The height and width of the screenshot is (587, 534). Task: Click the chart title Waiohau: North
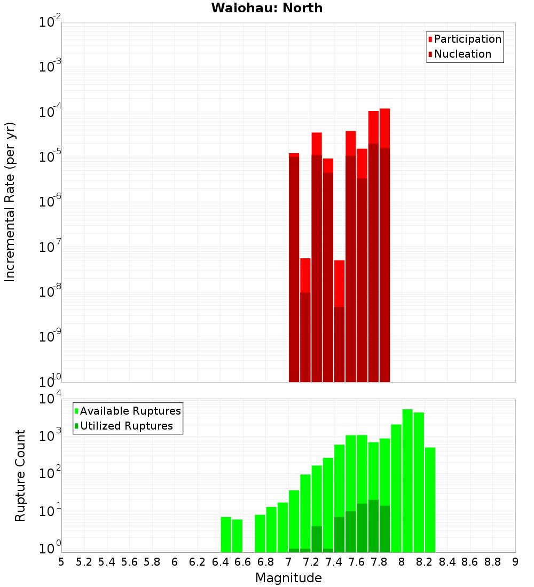(266, 8)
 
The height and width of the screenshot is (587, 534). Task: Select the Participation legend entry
(467, 39)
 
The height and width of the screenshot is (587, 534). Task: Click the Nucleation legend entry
(462, 54)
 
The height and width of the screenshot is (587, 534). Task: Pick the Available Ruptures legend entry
(130, 411)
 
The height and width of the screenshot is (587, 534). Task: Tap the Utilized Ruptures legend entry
(126, 426)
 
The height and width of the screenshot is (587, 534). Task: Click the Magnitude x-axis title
(288, 578)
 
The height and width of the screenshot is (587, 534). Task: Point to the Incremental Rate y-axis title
(10, 202)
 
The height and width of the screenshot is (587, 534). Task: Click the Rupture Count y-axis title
(20, 475)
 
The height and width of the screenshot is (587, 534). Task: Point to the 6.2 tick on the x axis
(197, 562)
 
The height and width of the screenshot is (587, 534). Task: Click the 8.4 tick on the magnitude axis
(447, 562)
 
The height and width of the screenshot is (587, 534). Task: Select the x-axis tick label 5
(61, 562)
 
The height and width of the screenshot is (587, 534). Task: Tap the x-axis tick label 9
(515, 562)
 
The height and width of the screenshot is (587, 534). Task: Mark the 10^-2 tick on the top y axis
(50, 22)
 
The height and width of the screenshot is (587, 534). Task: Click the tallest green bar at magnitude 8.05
(407, 480)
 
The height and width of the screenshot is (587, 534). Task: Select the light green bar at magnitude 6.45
(226, 534)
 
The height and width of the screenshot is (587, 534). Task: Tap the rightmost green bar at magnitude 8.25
(430, 499)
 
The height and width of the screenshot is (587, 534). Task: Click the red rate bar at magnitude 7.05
(294, 267)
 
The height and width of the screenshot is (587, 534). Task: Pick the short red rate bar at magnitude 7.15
(305, 320)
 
